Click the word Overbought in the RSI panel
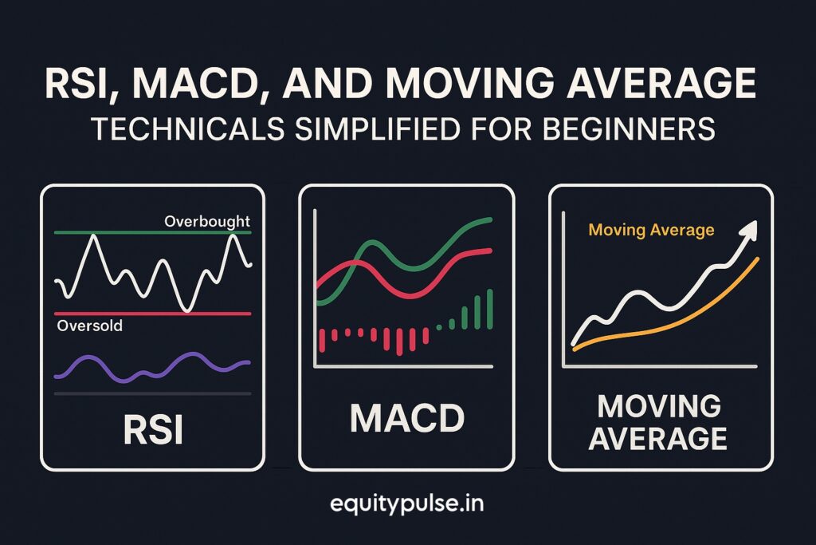click(x=207, y=222)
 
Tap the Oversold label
click(x=90, y=326)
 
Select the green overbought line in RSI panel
click(x=152, y=232)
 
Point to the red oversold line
click(x=152, y=314)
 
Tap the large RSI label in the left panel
click(x=153, y=430)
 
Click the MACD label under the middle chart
click(x=407, y=418)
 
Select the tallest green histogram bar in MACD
click(x=490, y=310)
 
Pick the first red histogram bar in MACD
click(x=322, y=340)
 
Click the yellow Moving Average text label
click(x=652, y=230)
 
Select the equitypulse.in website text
click(x=407, y=504)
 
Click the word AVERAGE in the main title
click(x=661, y=83)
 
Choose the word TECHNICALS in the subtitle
click(x=188, y=128)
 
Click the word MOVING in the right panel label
click(x=659, y=406)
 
